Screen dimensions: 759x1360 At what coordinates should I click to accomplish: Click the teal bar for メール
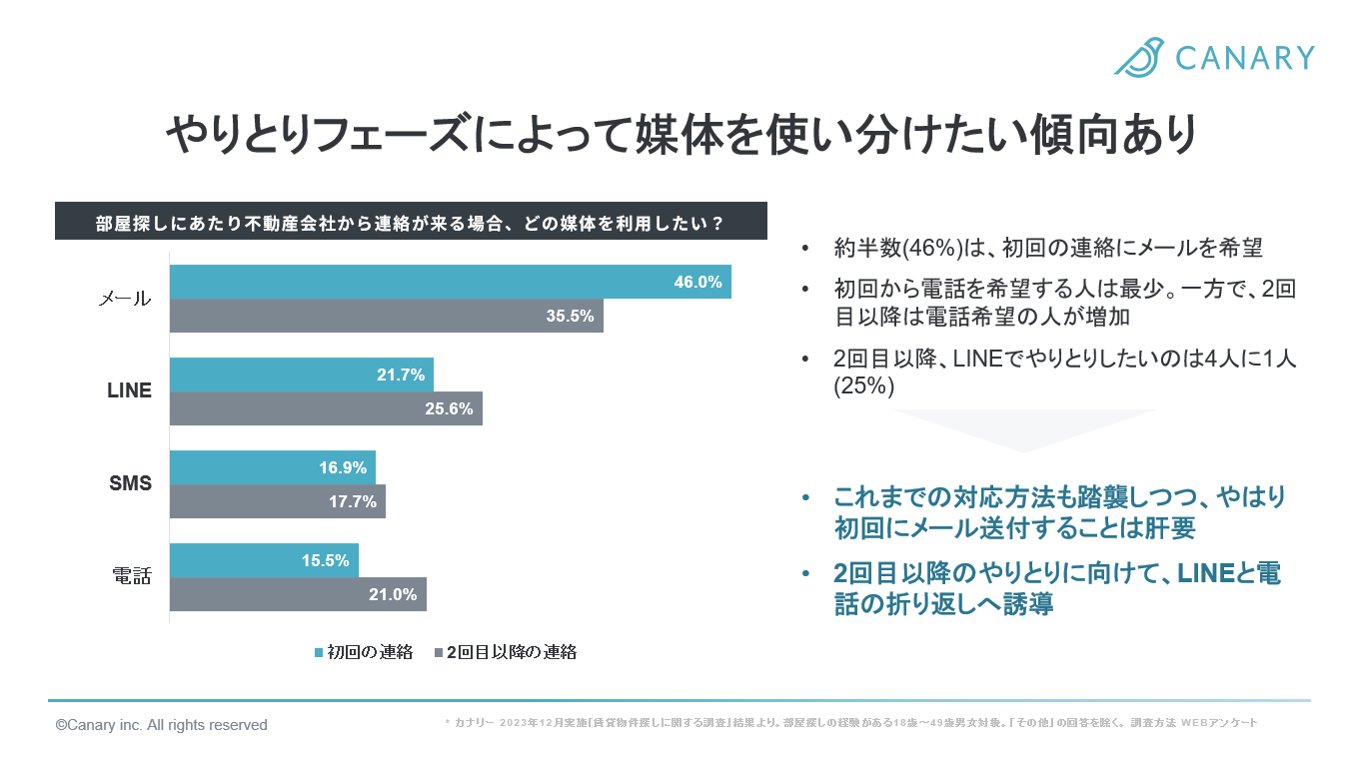click(x=450, y=282)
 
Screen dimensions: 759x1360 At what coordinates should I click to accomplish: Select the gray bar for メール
click(x=386, y=316)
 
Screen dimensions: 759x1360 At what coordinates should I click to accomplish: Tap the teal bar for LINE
click(x=301, y=375)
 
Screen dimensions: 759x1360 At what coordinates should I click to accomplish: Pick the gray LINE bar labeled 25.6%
click(x=326, y=408)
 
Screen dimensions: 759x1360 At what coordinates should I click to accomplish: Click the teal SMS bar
click(x=272, y=467)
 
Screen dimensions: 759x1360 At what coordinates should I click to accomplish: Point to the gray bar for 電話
click(x=298, y=594)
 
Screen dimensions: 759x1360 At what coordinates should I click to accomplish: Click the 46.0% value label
click(x=697, y=282)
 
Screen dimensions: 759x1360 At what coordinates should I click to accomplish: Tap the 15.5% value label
click(x=326, y=560)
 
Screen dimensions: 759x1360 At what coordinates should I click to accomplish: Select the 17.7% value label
click(x=353, y=501)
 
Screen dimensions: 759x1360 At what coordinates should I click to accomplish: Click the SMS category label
click(x=130, y=484)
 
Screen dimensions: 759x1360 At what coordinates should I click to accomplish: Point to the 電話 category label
click(x=130, y=576)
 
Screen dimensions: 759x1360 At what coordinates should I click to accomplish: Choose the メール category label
click(x=125, y=299)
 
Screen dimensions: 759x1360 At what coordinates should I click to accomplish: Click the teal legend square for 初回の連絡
click(x=319, y=653)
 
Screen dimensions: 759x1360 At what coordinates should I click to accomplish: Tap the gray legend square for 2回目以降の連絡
click(x=438, y=653)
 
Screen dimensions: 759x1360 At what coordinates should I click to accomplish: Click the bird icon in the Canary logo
click(x=1140, y=57)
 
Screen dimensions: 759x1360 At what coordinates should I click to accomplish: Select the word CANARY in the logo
click(x=1244, y=58)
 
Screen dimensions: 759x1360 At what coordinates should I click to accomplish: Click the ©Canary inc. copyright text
click(x=161, y=725)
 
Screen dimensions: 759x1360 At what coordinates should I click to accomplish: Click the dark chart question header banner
click(x=411, y=221)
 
